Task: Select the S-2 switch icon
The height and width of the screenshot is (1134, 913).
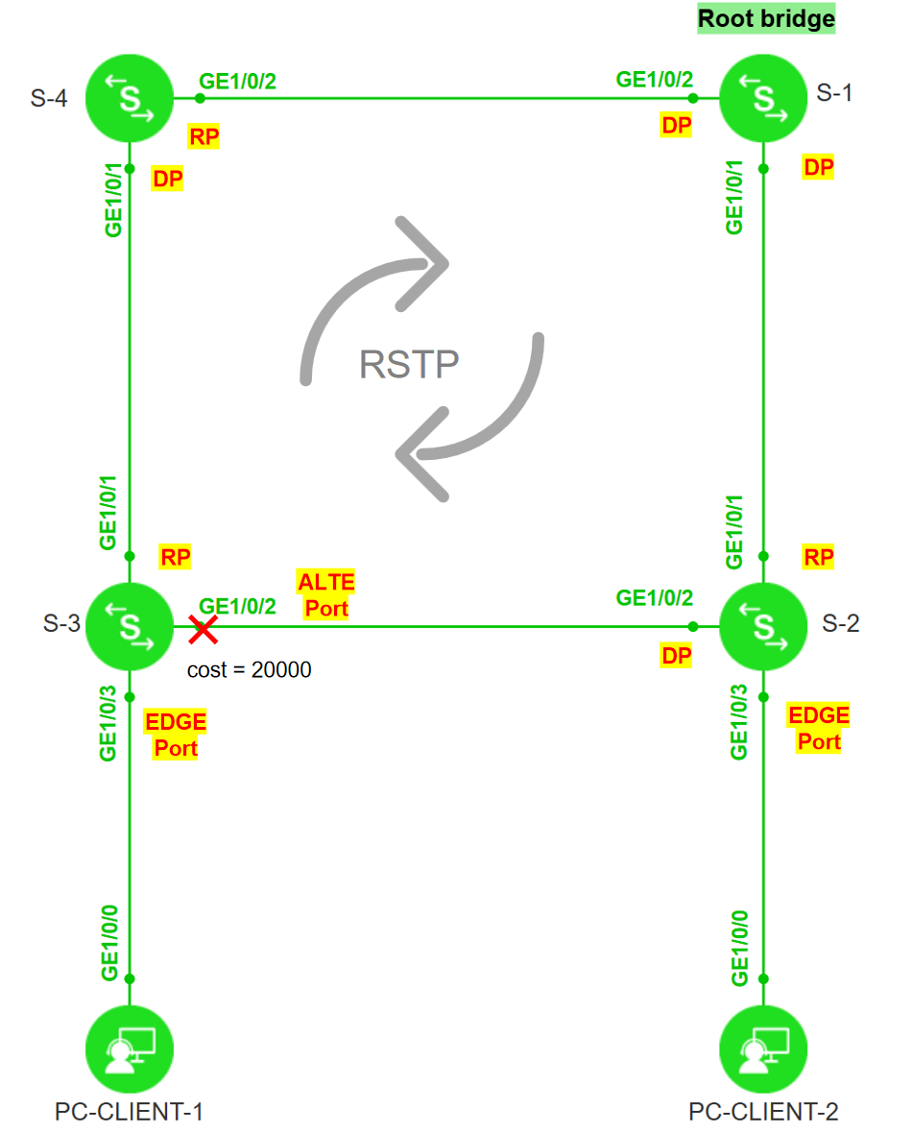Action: click(x=763, y=626)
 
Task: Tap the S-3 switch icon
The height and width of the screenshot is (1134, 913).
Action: click(x=130, y=626)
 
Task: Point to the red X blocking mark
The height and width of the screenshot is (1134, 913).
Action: click(x=203, y=630)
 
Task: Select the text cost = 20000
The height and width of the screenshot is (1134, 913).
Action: click(x=249, y=670)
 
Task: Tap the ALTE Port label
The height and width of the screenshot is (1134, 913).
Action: click(x=326, y=595)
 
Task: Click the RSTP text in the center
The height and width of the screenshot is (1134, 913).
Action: click(x=409, y=365)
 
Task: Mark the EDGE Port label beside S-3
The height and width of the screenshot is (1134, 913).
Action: click(x=176, y=736)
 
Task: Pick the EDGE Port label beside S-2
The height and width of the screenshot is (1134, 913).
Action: click(x=819, y=729)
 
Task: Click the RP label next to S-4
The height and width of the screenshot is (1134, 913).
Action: click(x=204, y=137)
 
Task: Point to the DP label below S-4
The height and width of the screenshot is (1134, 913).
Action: click(x=168, y=179)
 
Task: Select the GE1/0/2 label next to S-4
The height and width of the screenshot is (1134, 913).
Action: click(x=237, y=81)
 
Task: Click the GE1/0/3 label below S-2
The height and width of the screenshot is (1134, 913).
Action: click(x=738, y=721)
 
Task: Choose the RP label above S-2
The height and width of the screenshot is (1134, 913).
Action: click(x=819, y=557)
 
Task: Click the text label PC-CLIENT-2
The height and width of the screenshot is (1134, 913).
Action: click(x=763, y=1112)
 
